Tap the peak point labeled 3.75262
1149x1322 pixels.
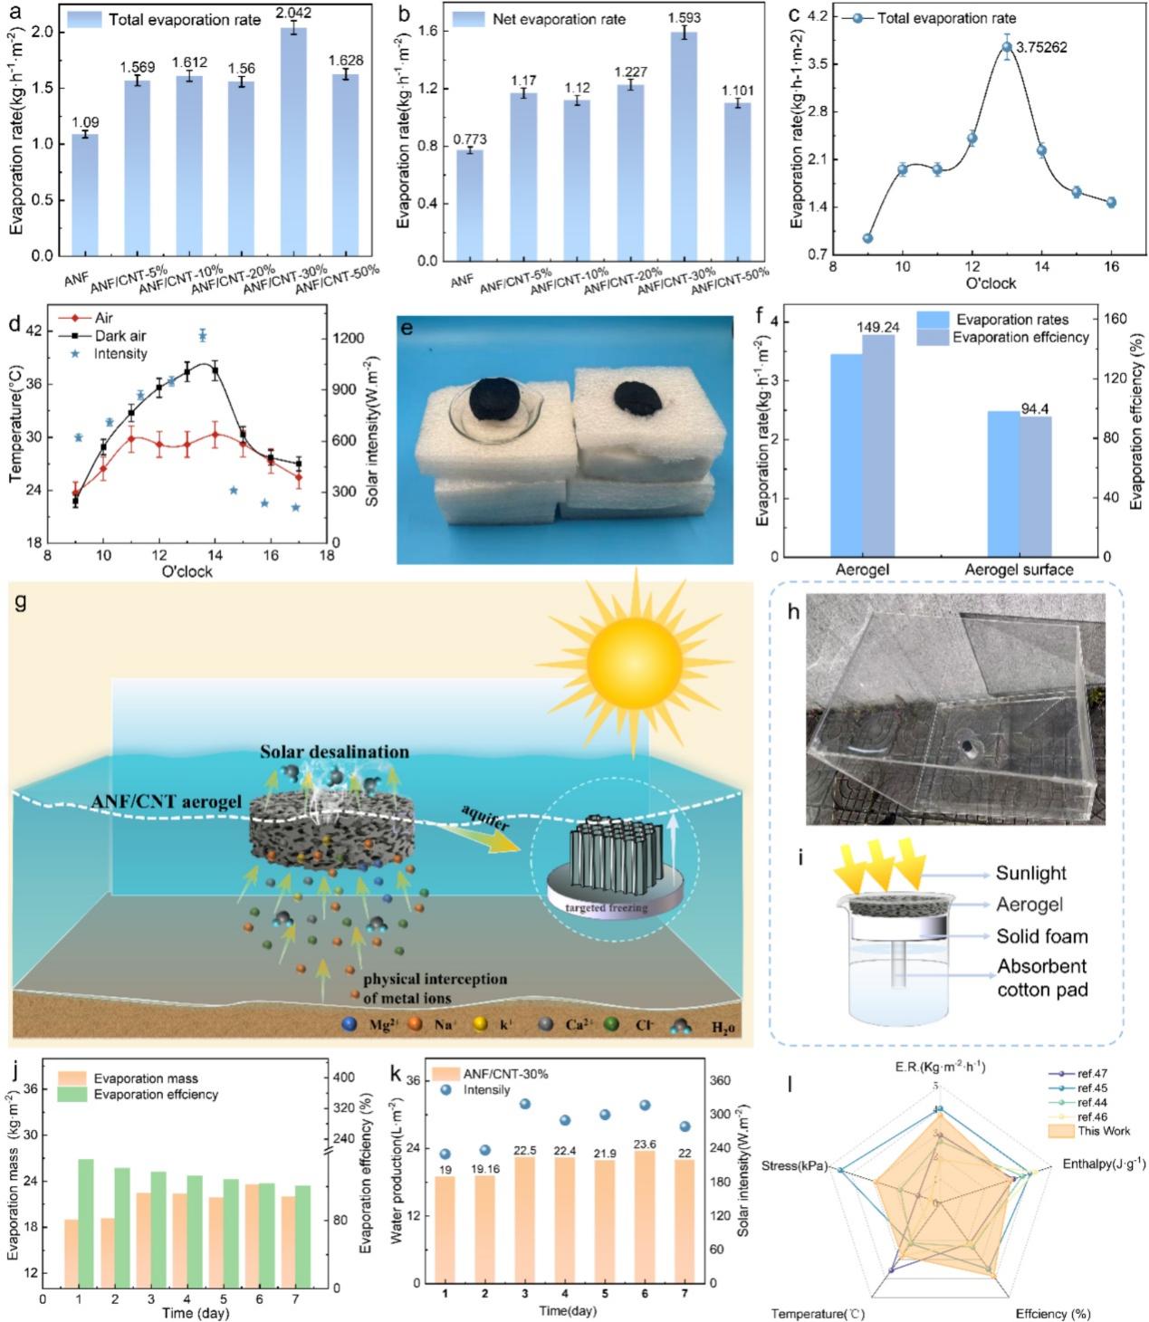(x=1006, y=47)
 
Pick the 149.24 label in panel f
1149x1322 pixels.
(x=876, y=327)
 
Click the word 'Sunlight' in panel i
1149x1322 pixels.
(x=1031, y=873)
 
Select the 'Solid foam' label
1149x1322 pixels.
(x=1042, y=936)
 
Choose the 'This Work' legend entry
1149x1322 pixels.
(x=1104, y=1131)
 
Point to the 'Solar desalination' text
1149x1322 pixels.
(x=334, y=752)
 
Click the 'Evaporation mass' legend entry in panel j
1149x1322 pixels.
(x=145, y=1078)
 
